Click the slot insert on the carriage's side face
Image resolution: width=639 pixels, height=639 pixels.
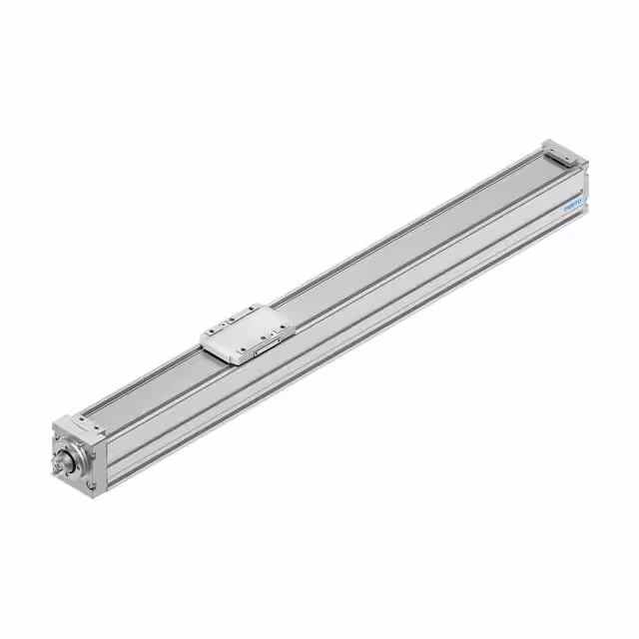click(265, 350)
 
